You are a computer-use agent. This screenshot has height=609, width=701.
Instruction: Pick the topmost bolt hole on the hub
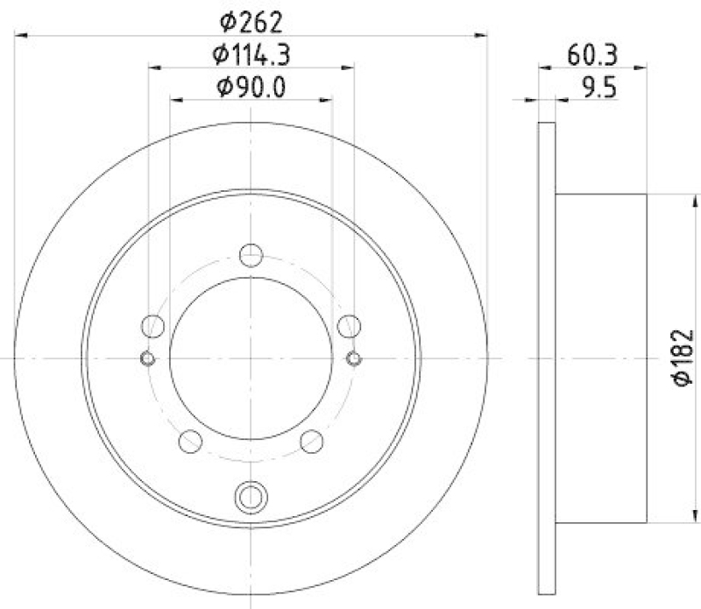(251, 255)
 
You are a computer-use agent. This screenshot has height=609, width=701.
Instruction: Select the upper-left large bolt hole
(153, 326)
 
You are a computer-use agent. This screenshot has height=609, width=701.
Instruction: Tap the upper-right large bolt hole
(350, 326)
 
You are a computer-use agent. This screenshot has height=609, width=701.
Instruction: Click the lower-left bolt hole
(191, 442)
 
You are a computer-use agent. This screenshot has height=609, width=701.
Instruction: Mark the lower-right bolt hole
(312, 442)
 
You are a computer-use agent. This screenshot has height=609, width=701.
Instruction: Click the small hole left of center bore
(148, 358)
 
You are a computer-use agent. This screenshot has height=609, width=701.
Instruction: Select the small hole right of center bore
(354, 358)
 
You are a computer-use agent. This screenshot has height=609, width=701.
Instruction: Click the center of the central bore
(251, 358)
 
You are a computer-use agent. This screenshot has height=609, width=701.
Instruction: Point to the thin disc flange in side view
(546, 358)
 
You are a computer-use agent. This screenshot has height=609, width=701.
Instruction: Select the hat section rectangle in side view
(601, 358)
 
